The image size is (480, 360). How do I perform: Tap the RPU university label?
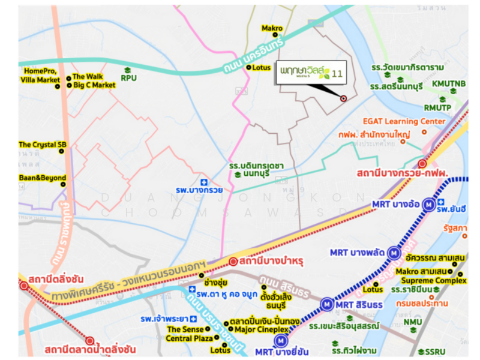tap(128, 78)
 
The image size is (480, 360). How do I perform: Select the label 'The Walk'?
tap(88, 77)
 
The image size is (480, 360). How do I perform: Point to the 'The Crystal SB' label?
tap(42, 145)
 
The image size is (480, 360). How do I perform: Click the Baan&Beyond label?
tap(42, 178)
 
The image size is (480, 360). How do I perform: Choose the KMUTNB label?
tap(446, 83)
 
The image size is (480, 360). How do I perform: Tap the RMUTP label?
tap(437, 108)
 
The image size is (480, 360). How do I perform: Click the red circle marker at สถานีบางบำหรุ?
tap(233, 261)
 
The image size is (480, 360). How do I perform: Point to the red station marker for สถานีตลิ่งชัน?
tap(24, 286)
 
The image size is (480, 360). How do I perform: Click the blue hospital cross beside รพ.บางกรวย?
tap(203, 182)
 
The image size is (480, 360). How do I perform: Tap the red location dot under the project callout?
tap(343, 98)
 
